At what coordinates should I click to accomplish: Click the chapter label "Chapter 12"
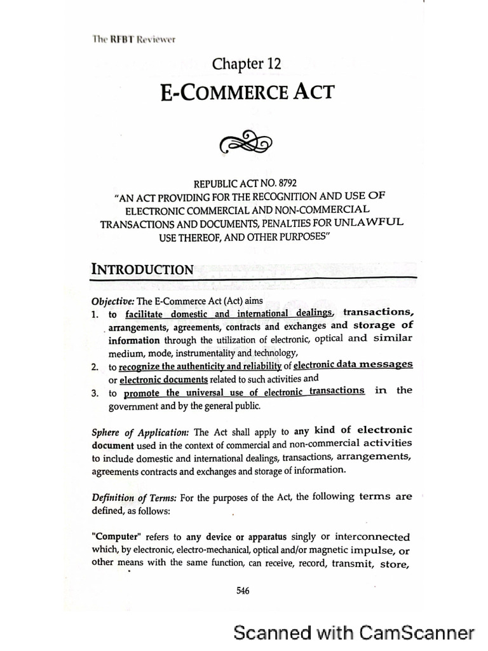(247, 64)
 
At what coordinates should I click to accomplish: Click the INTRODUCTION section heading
(143, 269)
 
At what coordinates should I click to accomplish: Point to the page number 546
(243, 591)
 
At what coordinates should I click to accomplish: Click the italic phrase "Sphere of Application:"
(140, 431)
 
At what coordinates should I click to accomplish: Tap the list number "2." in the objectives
(95, 367)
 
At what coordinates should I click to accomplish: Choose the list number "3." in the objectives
(95, 393)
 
